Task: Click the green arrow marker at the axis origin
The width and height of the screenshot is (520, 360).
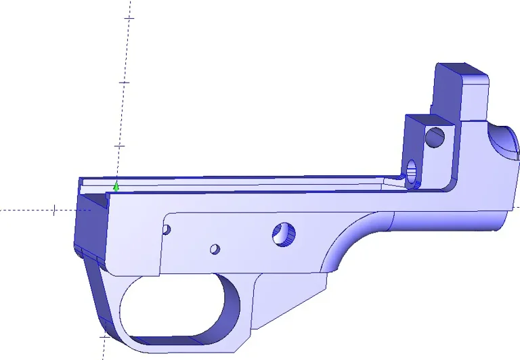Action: click(x=116, y=187)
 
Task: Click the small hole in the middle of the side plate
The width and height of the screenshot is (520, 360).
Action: click(x=215, y=249)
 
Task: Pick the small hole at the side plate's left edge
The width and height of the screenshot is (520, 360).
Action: click(x=167, y=230)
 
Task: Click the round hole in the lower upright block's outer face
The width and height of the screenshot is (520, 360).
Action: click(x=434, y=137)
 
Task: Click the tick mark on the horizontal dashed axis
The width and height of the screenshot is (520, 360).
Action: click(x=54, y=210)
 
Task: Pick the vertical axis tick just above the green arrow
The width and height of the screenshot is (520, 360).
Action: click(x=120, y=145)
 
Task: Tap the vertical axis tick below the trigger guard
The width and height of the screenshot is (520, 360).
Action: click(x=104, y=336)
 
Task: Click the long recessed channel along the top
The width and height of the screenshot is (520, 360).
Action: click(x=244, y=181)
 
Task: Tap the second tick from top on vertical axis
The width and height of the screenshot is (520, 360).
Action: click(x=124, y=82)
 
